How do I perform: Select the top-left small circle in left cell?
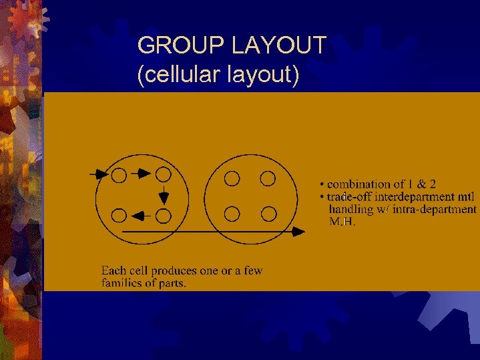[119, 175]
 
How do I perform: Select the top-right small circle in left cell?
[163, 174]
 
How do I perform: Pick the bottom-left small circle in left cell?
[119, 215]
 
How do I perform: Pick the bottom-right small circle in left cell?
[163, 215]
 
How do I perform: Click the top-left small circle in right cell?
[232, 178]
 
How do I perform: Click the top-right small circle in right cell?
[268, 178]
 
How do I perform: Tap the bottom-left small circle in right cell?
[232, 214]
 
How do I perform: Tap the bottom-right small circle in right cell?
[268, 214]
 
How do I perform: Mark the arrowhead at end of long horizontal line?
[299, 231]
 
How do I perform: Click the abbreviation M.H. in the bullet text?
[343, 221]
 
